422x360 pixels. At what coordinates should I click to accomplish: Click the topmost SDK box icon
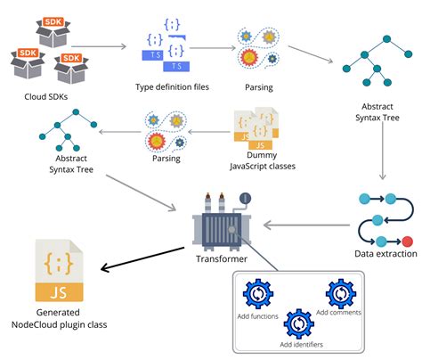click(53, 32)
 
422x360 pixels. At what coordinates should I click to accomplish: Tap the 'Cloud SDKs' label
click(46, 96)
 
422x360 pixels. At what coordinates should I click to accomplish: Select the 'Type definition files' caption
click(172, 87)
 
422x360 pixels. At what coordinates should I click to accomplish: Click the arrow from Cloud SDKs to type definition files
click(99, 46)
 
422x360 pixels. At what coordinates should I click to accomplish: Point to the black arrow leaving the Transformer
click(142, 259)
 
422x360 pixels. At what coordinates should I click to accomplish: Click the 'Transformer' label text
click(222, 258)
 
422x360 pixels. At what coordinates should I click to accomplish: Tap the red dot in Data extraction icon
click(407, 241)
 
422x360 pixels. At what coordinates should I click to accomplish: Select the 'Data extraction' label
click(385, 254)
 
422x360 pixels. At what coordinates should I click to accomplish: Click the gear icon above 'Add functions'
click(258, 294)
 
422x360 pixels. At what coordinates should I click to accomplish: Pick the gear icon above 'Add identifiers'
click(299, 324)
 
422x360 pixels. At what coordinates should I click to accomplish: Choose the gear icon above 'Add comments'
click(341, 294)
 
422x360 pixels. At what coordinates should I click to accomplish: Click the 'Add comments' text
click(338, 313)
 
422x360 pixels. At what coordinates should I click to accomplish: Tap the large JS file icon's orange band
click(59, 292)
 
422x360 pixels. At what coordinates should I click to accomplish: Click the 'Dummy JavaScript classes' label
click(263, 160)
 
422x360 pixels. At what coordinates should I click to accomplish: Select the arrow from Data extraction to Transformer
click(306, 225)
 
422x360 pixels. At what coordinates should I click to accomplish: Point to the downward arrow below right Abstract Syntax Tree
click(383, 151)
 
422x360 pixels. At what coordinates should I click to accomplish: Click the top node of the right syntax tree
click(386, 39)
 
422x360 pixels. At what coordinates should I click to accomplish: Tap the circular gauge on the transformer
click(245, 199)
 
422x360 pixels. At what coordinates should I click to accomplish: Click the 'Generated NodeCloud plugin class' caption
click(59, 318)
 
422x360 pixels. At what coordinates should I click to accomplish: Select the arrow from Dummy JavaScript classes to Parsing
click(209, 132)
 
